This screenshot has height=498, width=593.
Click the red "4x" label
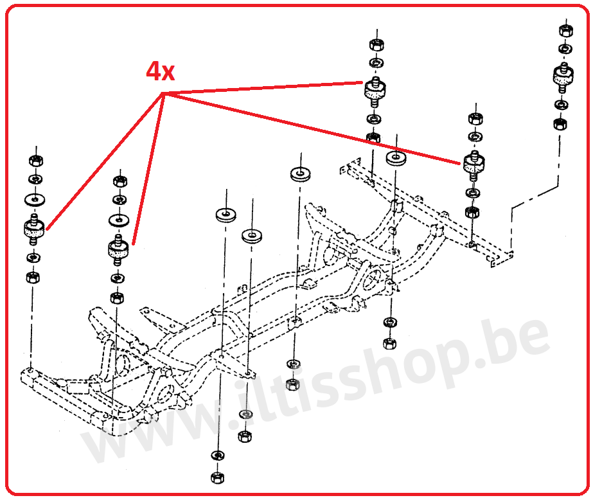161,71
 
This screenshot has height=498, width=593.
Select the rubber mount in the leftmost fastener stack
34,229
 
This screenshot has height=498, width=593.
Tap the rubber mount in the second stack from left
118,249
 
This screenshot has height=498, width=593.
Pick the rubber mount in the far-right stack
563,78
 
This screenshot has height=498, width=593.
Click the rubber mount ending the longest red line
474,164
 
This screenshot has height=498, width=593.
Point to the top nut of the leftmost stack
36,161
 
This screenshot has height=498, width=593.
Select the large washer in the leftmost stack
35,199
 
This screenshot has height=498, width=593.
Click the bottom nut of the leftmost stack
33,278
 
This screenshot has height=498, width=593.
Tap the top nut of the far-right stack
565,30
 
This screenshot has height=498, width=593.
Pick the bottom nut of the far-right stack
560,124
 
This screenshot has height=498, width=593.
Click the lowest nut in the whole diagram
217,477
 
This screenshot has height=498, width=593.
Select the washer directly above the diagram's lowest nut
218,455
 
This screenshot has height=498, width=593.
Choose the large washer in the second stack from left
118,220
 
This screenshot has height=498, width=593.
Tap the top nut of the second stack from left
120,181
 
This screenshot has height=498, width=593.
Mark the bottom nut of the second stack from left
116,298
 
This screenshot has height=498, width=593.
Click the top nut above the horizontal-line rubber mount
376,44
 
